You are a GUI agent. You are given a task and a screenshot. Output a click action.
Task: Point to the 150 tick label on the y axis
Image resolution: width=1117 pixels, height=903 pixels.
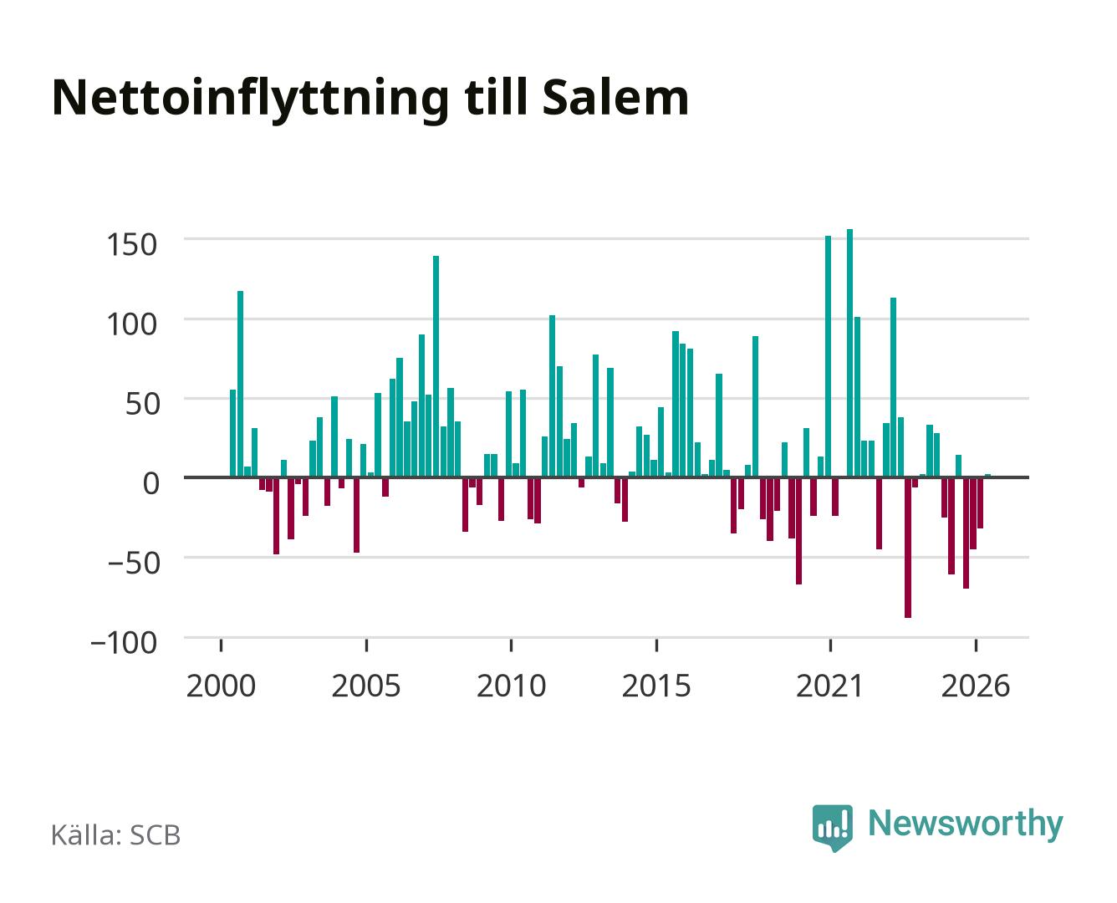(131, 244)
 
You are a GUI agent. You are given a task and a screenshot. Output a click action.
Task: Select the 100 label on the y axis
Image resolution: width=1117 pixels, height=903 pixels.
(131, 324)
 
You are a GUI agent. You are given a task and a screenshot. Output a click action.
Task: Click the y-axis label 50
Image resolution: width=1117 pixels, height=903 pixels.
(141, 404)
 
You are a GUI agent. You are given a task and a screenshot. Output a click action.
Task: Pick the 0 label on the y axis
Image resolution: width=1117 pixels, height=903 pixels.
(150, 483)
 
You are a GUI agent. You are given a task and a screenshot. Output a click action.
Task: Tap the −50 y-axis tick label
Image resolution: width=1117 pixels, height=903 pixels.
(133, 564)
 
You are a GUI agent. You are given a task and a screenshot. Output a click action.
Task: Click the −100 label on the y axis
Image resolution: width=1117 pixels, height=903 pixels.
(124, 643)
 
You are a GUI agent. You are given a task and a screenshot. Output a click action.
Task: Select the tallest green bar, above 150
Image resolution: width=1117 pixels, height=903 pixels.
(849, 353)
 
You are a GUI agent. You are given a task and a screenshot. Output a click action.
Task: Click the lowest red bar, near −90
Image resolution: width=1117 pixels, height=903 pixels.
(908, 548)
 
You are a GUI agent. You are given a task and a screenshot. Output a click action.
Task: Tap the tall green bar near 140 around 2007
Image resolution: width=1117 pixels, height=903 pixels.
(436, 366)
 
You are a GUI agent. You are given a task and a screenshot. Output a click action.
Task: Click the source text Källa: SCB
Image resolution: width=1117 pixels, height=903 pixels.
(115, 835)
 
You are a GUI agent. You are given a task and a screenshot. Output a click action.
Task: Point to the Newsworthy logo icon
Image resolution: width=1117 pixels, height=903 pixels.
(832, 828)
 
